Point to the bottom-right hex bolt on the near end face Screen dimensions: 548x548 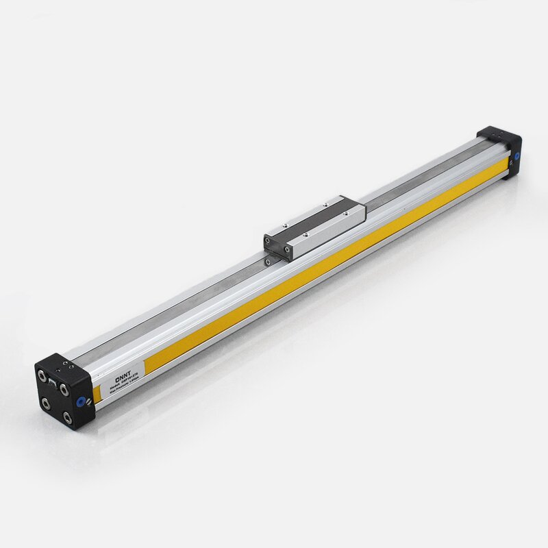67,417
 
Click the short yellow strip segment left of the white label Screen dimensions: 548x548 97,395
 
